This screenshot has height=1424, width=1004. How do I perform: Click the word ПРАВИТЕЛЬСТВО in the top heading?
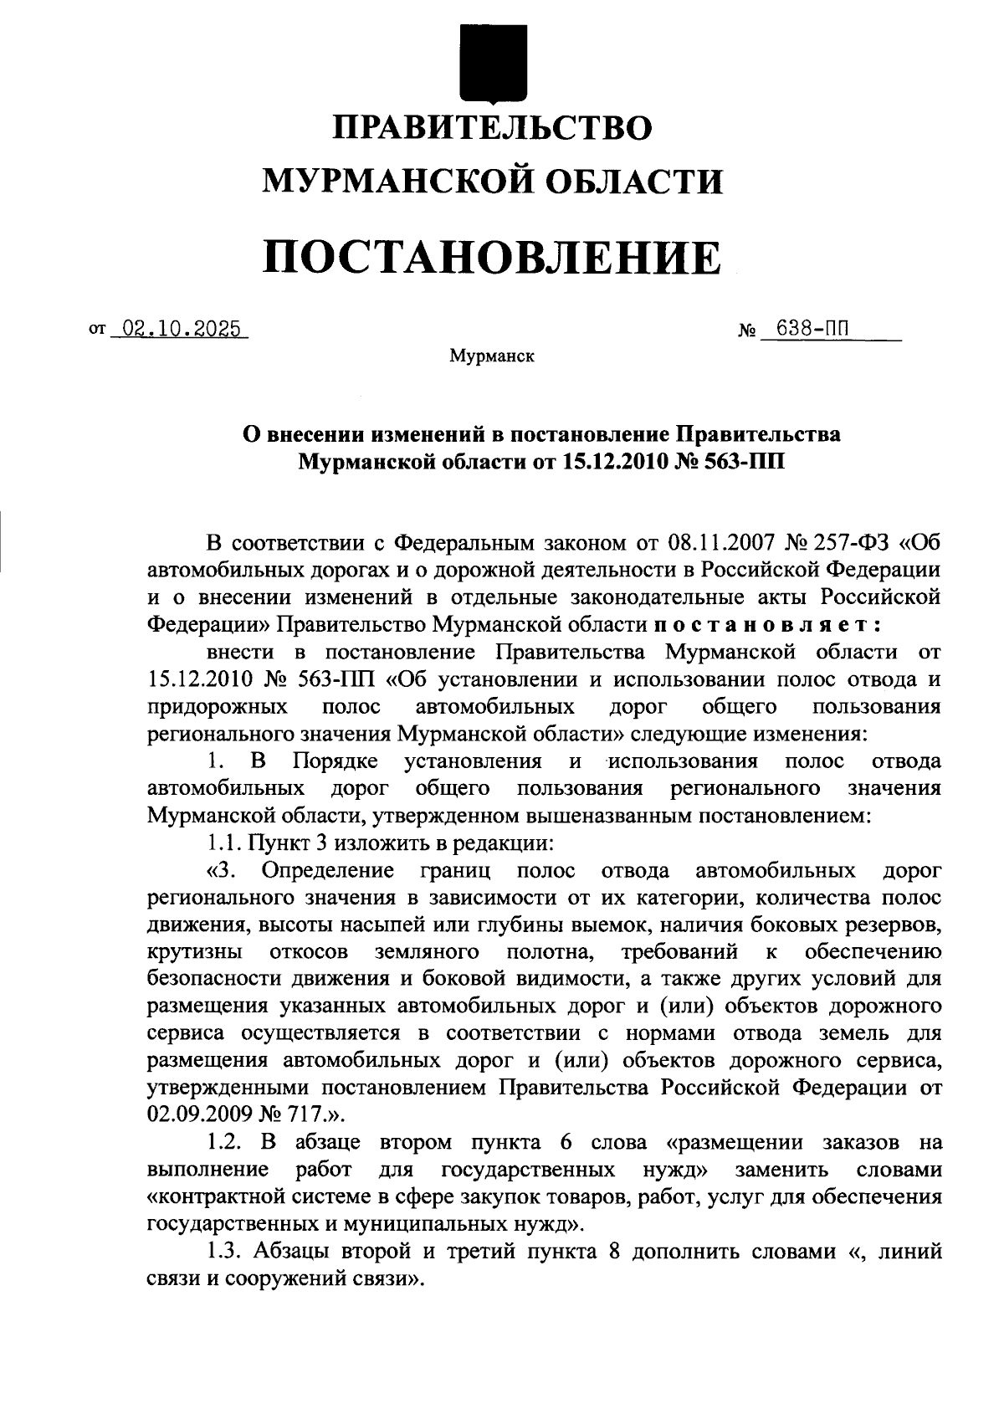[x=493, y=128]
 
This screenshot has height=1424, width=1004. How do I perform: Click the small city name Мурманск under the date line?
[x=492, y=356]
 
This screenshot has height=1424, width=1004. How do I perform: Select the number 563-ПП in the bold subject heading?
[x=745, y=462]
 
